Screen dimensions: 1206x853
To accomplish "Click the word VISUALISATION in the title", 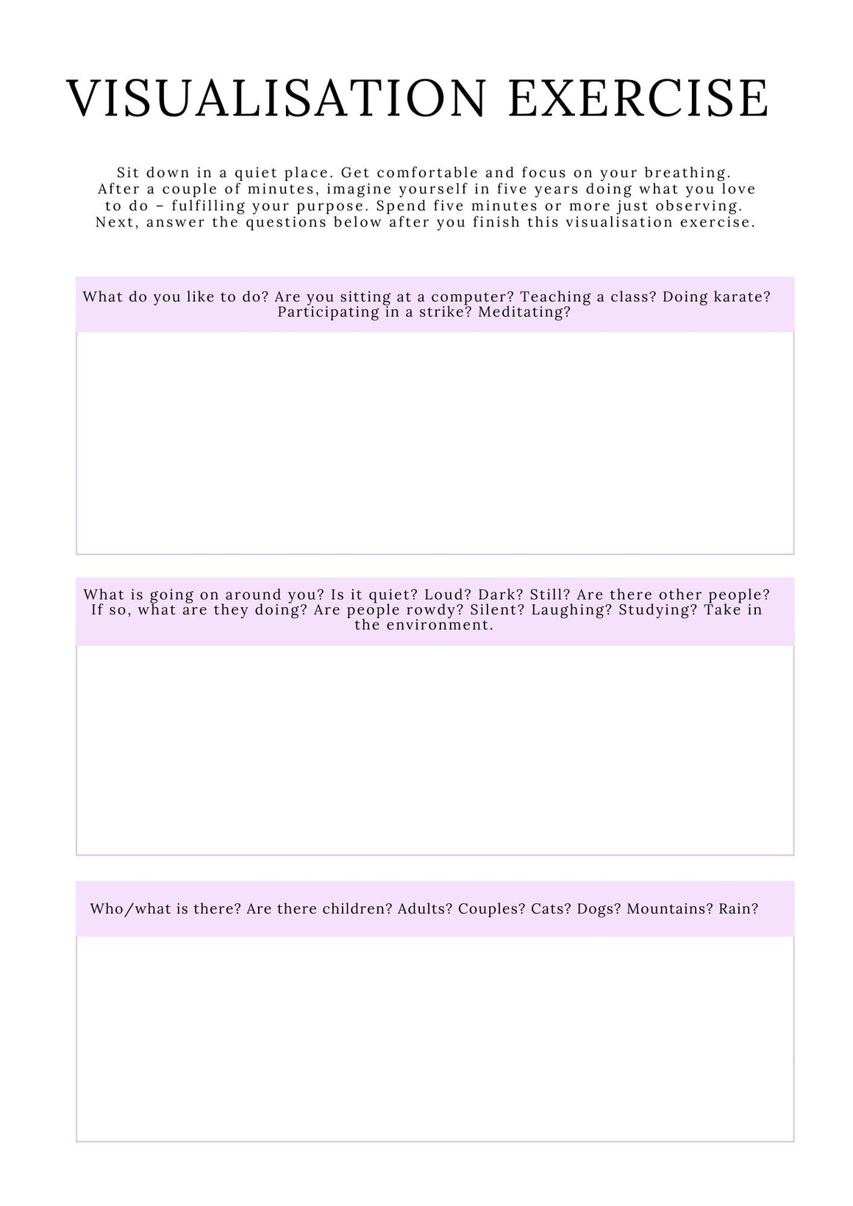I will point(276,98).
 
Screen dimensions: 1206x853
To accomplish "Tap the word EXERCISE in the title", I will point(638,98).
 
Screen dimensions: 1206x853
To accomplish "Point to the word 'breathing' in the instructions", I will point(687,173).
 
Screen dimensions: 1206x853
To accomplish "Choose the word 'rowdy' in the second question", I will point(432,610).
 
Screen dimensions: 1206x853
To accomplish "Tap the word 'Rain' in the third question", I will point(738,909).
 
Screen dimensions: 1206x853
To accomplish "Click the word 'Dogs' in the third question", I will point(599,909).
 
